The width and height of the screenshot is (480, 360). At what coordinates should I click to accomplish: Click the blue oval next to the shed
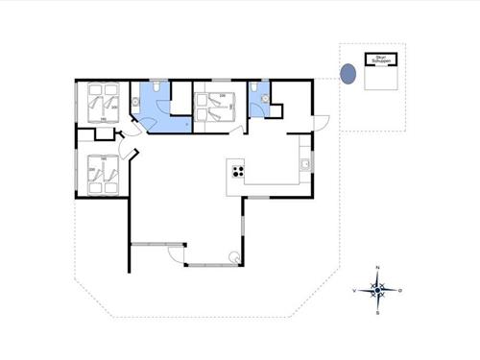tap(349, 72)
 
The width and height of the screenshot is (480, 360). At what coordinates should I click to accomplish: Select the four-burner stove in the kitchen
tap(236, 172)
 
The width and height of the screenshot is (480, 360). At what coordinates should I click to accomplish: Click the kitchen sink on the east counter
tap(304, 164)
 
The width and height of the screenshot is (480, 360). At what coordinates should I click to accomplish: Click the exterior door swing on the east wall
tap(323, 125)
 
